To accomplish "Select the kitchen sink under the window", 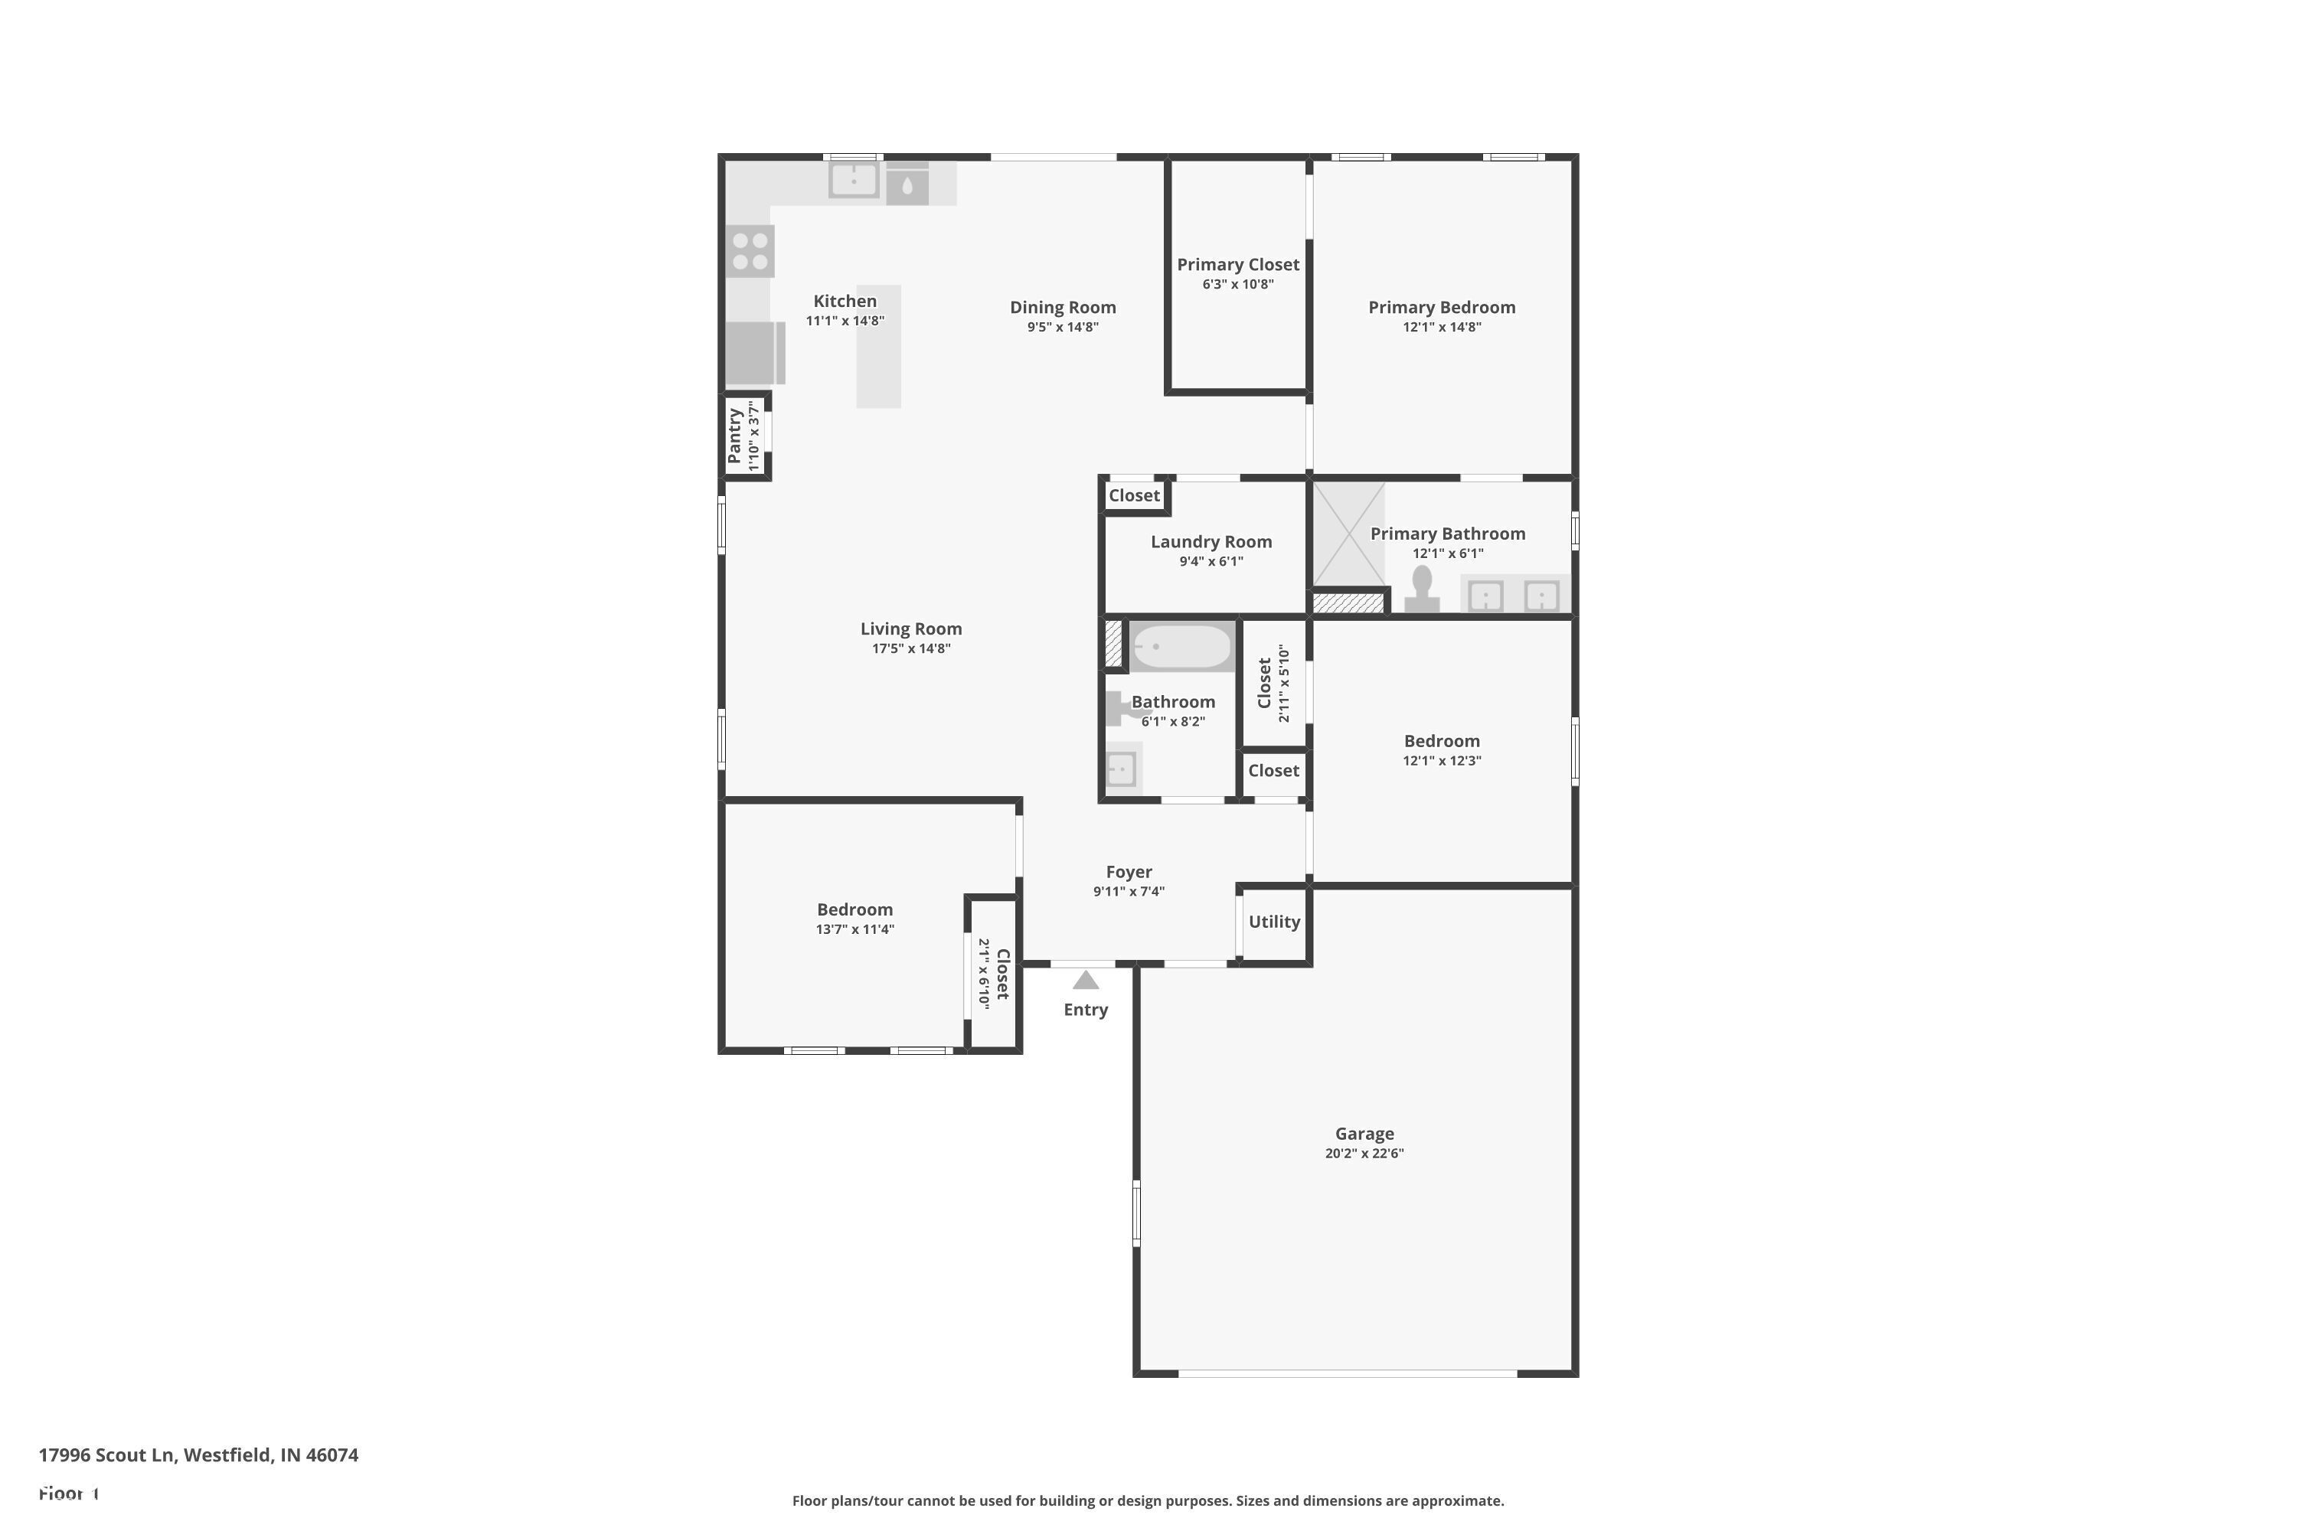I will pyautogui.click(x=854, y=181).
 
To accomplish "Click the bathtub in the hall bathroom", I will pyautogui.click(x=1181, y=646).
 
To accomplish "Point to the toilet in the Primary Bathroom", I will pyautogui.click(x=1421, y=589).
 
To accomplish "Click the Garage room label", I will pyautogui.click(x=1364, y=1134).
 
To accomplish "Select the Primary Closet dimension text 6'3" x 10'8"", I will pyautogui.click(x=1237, y=284).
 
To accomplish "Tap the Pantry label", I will pyautogui.click(x=734, y=436).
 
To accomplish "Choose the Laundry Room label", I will pyautogui.click(x=1211, y=542).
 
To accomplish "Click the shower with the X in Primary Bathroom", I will pyautogui.click(x=1348, y=534).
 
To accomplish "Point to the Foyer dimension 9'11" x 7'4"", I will pyautogui.click(x=1128, y=892).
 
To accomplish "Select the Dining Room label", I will pyautogui.click(x=1063, y=308).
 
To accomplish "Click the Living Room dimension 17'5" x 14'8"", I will pyautogui.click(x=910, y=648).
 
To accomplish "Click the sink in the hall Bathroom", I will pyautogui.click(x=1121, y=769).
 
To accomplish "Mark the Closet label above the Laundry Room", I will pyautogui.click(x=1134, y=496).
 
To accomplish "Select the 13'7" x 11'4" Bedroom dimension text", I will pyautogui.click(x=854, y=929).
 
